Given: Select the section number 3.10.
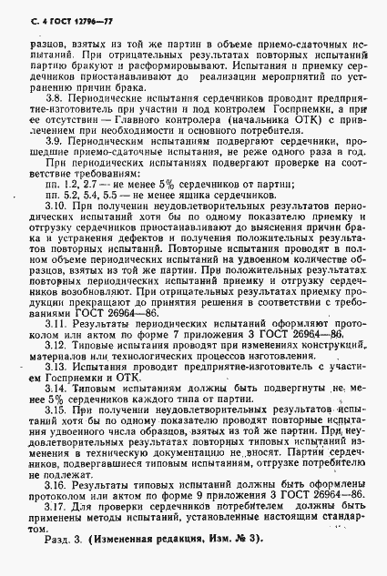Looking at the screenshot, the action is pyautogui.click(x=56, y=207).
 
